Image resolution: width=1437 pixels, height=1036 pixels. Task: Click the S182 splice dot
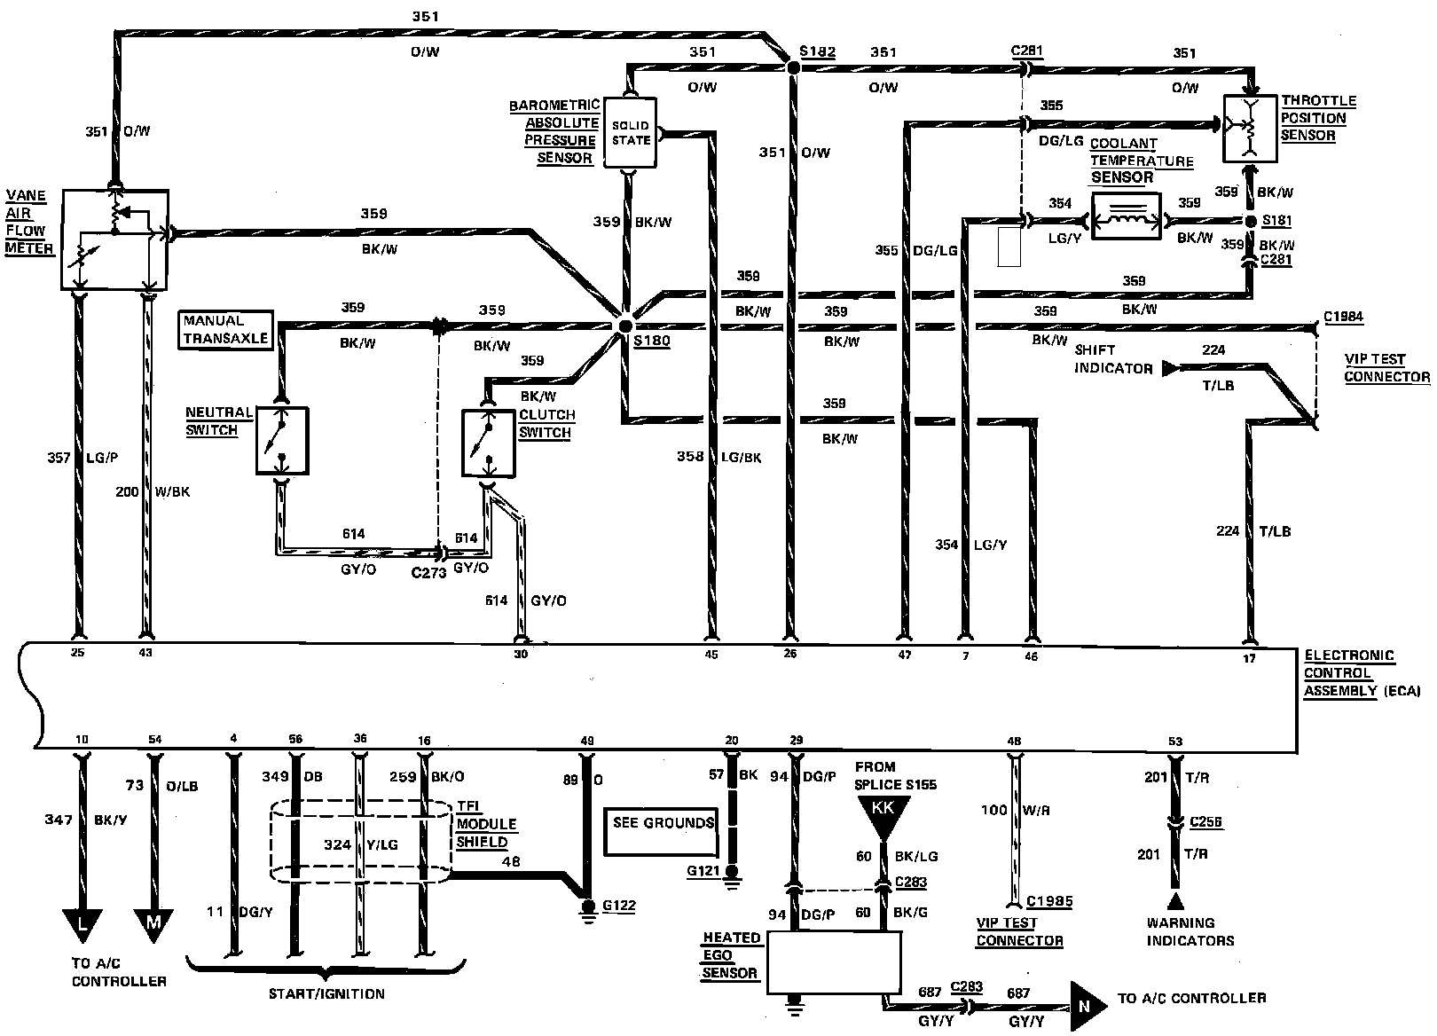(793, 67)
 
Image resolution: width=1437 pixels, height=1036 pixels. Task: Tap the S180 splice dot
(624, 326)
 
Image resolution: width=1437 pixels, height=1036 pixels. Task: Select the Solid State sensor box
(630, 133)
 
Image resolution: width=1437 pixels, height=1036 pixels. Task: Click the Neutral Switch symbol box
(282, 441)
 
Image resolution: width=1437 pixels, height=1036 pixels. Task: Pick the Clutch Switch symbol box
(488, 443)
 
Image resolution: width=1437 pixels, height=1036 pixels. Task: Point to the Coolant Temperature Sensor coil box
(1126, 216)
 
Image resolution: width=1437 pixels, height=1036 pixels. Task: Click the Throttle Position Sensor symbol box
(1251, 129)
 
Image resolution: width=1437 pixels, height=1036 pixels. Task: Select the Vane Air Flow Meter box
(114, 239)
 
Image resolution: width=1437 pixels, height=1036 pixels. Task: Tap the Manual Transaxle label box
(225, 330)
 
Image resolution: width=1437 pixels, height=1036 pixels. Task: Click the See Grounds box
(662, 832)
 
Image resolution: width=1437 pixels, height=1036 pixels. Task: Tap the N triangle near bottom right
(1087, 1006)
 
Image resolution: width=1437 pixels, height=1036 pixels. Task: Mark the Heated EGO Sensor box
(834, 962)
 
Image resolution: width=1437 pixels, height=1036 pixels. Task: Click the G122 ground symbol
(587, 910)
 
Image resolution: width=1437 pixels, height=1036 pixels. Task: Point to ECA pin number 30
(521, 654)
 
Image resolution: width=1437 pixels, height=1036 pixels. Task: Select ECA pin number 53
(1175, 741)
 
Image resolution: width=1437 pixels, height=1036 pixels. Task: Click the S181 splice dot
(1251, 222)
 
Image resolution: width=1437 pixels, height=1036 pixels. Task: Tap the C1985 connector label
(1049, 901)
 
